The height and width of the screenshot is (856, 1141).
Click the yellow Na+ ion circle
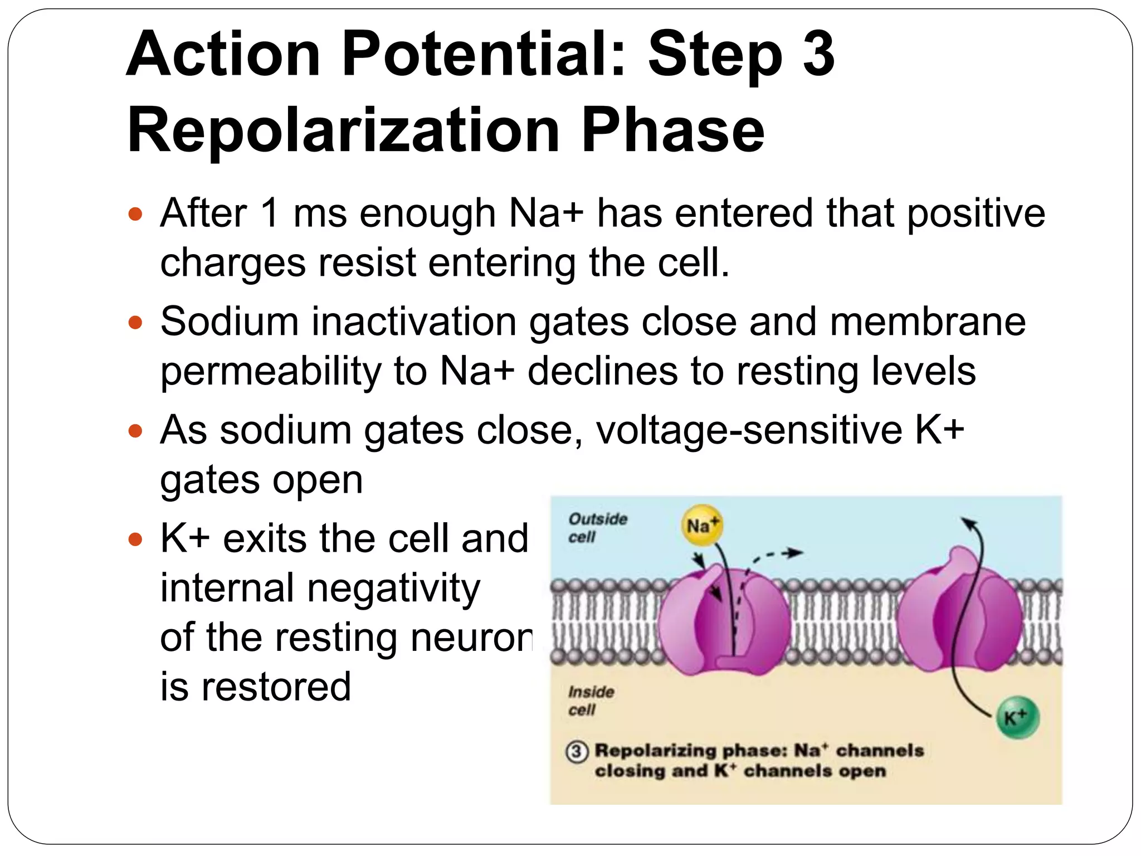(701, 526)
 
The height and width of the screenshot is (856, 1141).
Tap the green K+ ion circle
(1017, 718)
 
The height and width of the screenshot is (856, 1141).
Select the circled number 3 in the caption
(577, 752)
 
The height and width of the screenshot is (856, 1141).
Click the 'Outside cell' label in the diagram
(597, 527)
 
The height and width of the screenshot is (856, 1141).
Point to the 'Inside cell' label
(591, 701)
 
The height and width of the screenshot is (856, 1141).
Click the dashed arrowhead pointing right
(796, 553)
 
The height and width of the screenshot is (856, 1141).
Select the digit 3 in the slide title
(818, 54)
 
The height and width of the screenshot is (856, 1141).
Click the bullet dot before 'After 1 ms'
(135, 214)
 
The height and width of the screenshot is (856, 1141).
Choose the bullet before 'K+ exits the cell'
(135, 539)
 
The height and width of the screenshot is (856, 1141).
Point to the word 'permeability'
(270, 372)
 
